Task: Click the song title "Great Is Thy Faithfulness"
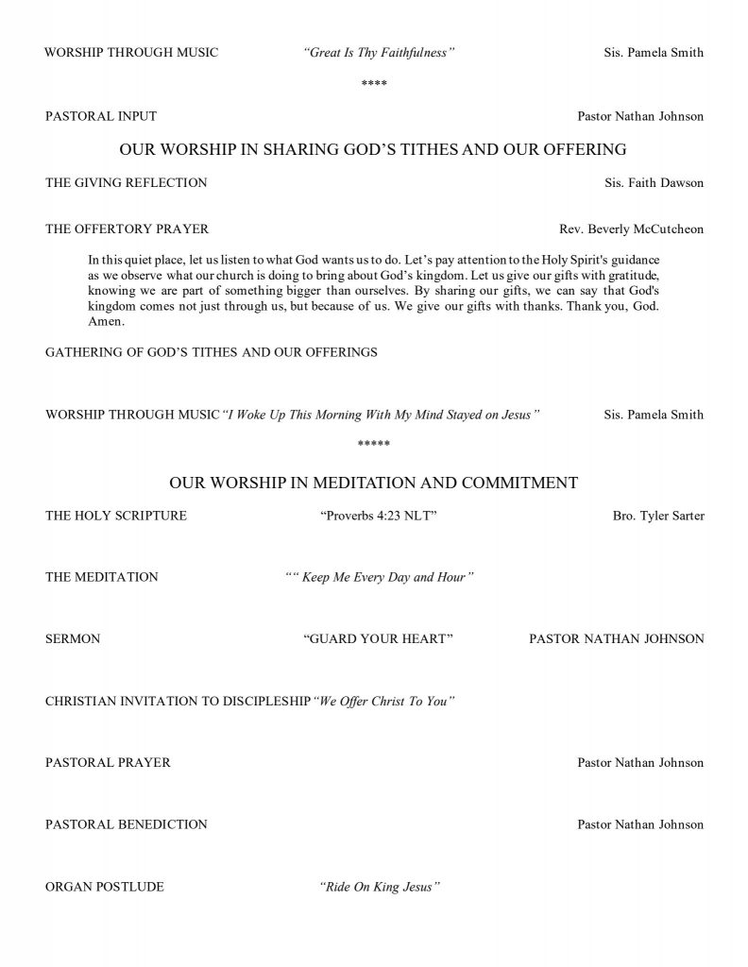(379, 53)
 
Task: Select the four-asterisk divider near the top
(374, 85)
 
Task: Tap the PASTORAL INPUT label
(101, 116)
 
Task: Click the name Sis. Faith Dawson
(654, 182)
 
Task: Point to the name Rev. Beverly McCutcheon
(631, 229)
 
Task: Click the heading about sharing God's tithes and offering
(373, 149)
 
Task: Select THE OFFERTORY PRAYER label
(127, 229)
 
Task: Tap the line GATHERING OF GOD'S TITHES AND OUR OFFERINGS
(212, 352)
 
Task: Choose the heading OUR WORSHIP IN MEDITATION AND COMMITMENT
(373, 483)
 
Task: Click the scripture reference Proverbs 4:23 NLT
(378, 516)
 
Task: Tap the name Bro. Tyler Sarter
(658, 516)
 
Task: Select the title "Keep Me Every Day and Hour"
(379, 577)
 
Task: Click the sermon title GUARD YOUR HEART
(378, 639)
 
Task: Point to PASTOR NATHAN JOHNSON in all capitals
(616, 639)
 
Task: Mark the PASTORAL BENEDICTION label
(127, 824)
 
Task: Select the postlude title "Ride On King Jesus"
(381, 887)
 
